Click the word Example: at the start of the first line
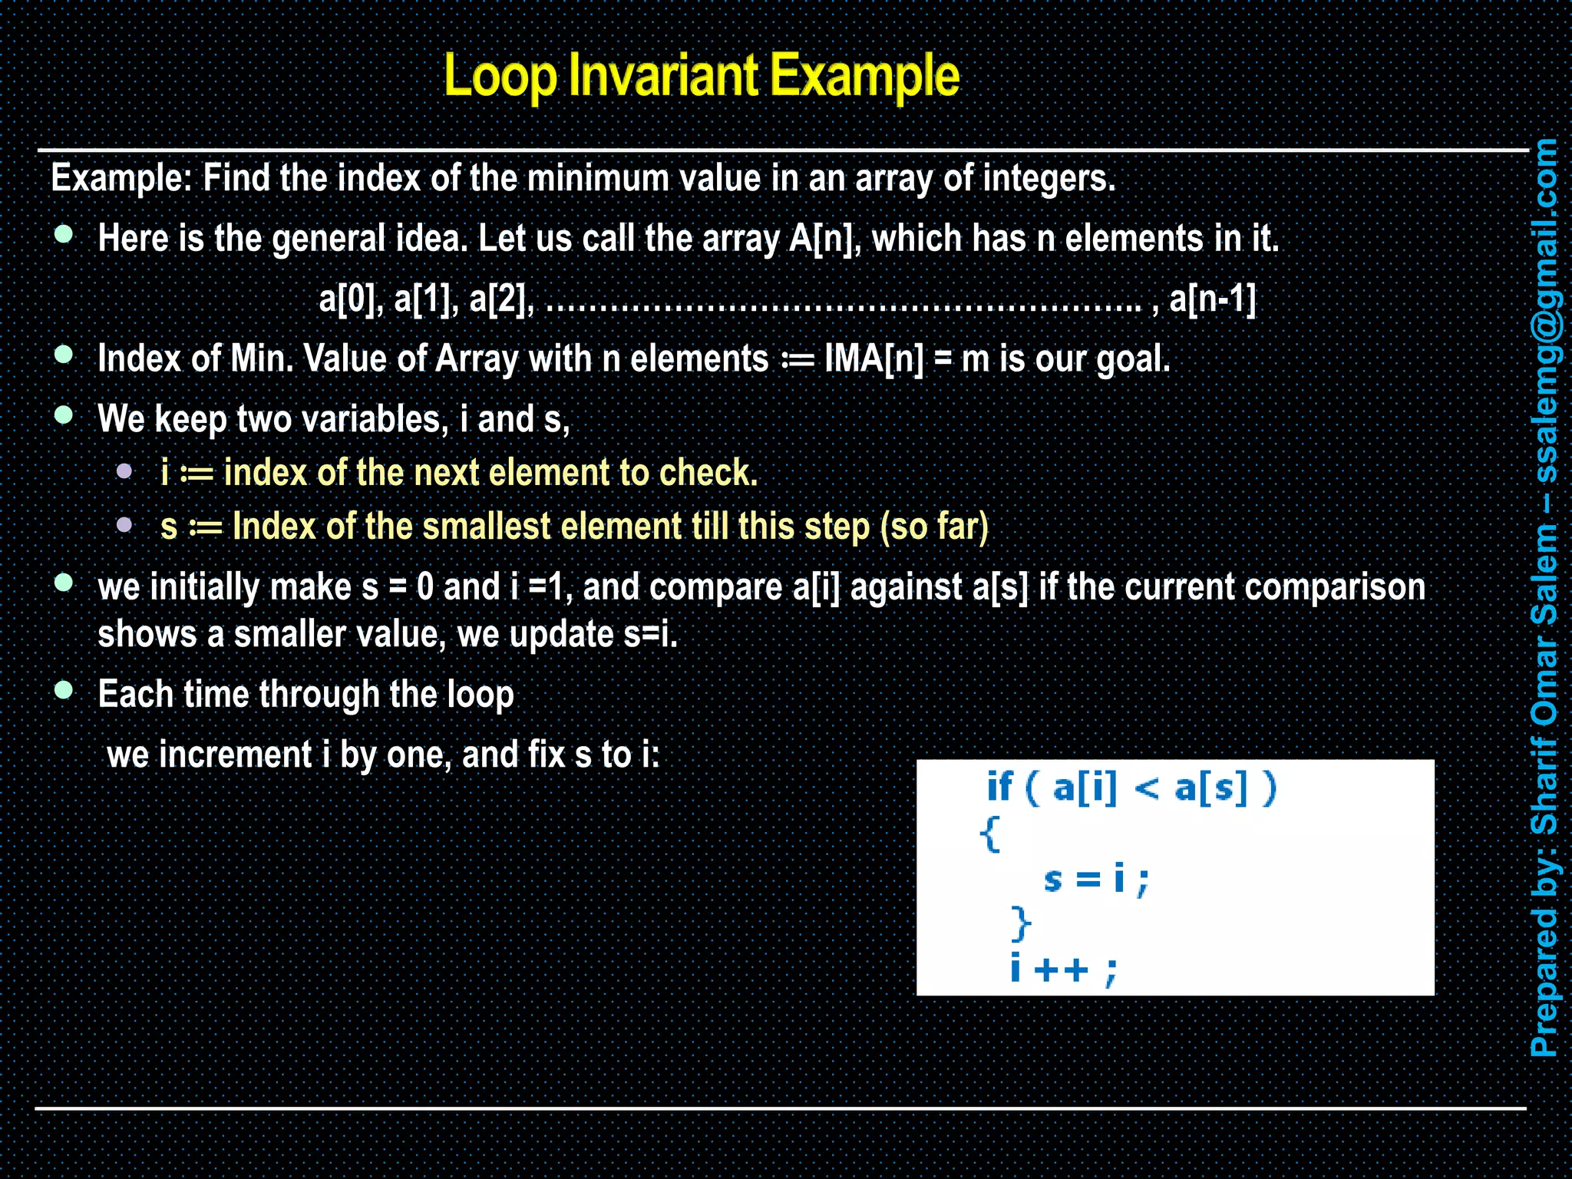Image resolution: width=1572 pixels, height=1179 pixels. tap(121, 179)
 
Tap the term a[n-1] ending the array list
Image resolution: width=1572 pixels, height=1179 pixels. tap(1212, 299)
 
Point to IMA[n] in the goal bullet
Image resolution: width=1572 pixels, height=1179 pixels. tap(874, 358)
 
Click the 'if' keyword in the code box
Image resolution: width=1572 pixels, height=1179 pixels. tap(999, 788)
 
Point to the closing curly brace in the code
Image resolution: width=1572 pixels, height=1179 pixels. tap(1020, 923)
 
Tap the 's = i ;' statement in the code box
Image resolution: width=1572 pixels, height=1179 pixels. tap(1096, 879)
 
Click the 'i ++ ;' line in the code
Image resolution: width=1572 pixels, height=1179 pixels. tap(1064, 969)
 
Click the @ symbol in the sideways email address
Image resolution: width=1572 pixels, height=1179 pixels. tap(1544, 326)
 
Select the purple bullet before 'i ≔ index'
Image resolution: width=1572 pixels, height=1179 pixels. tap(124, 471)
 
